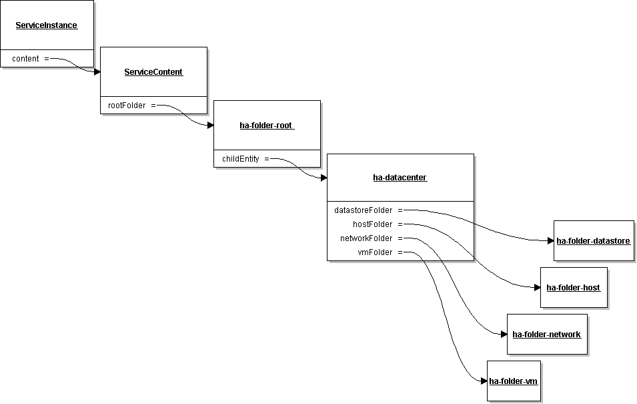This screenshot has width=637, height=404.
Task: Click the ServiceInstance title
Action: click(46, 25)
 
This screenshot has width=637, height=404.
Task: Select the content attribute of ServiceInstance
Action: click(25, 59)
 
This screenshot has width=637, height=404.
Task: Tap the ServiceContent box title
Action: click(153, 72)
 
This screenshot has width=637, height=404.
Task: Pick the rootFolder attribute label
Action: click(127, 106)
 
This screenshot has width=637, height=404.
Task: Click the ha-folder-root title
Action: click(267, 126)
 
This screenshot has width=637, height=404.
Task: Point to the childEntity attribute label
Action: click(241, 159)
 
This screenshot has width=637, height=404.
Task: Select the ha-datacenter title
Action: click(400, 178)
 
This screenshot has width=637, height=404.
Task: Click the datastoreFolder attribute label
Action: click(363, 210)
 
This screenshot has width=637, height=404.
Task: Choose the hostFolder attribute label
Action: click(373, 224)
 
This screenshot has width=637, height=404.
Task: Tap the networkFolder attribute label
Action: click(366, 238)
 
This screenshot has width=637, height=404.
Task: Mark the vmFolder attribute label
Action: click(375, 252)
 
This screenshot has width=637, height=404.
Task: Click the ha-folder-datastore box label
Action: click(593, 241)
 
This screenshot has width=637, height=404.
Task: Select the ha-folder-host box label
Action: click(573, 288)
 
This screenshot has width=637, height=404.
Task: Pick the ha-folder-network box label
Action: click(546, 335)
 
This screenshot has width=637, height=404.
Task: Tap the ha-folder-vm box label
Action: click(513, 381)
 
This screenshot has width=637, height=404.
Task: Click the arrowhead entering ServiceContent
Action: click(97, 72)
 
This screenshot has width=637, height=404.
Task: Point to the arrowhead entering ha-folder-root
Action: click(210, 126)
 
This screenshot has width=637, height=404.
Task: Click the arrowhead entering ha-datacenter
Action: click(324, 178)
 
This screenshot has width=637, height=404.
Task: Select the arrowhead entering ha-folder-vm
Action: click(484, 381)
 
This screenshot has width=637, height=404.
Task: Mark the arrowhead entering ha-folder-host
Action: click(537, 288)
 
